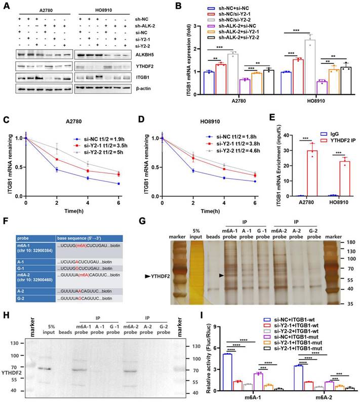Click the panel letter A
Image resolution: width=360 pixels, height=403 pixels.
coord(6,6)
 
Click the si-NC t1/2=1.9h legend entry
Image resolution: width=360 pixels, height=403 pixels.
coord(94,138)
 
